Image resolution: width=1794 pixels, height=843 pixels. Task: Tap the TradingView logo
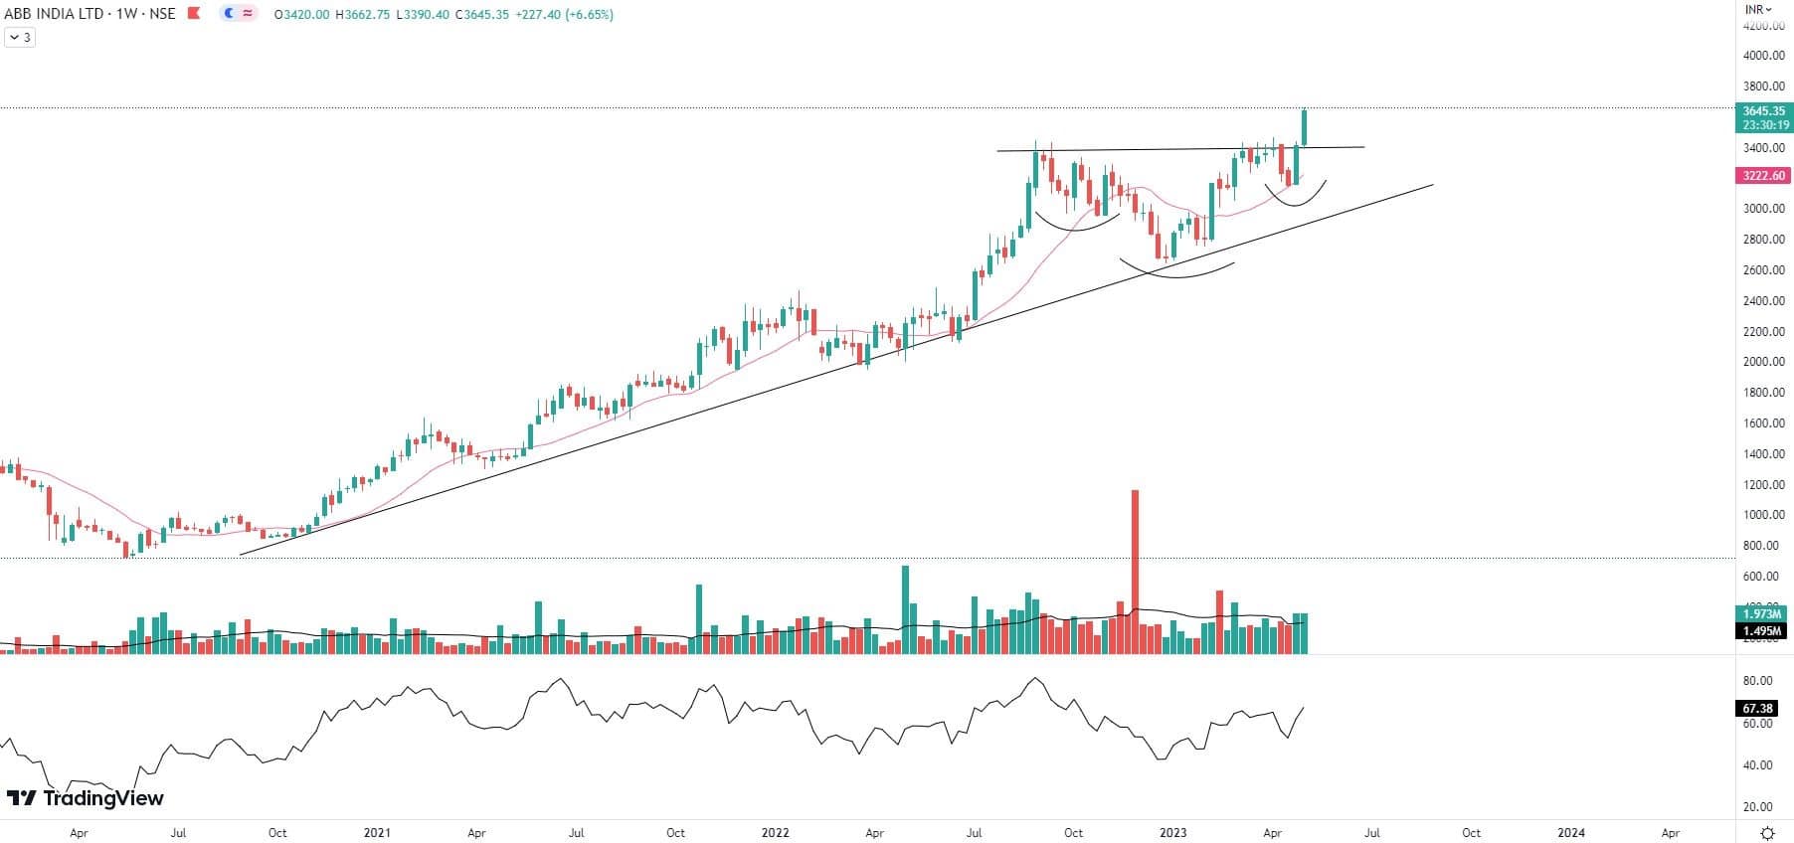click(x=86, y=798)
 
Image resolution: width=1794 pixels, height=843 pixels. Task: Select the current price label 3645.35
click(x=1763, y=111)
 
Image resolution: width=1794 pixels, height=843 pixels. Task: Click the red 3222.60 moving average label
click(x=1763, y=176)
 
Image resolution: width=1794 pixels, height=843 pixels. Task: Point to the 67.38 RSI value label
click(x=1757, y=709)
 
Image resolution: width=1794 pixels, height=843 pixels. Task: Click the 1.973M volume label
click(x=1760, y=613)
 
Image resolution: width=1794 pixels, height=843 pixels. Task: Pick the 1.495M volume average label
click(x=1760, y=631)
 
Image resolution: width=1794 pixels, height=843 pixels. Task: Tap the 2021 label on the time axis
click(x=377, y=833)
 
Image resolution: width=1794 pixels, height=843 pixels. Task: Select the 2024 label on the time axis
click(x=1571, y=833)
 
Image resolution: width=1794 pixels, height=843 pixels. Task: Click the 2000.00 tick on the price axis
click(x=1765, y=362)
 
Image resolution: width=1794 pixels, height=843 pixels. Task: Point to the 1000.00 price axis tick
click(x=1765, y=515)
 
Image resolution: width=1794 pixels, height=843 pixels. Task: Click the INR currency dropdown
click(x=1758, y=9)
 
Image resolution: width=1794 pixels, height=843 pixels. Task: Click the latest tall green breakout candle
click(x=1304, y=127)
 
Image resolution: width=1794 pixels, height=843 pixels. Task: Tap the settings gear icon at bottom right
click(x=1767, y=833)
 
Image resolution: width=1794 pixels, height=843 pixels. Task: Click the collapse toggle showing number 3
click(x=20, y=38)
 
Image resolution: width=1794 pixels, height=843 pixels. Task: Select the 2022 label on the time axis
click(x=775, y=833)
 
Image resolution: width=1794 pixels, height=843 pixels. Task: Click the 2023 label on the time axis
click(x=1172, y=833)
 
